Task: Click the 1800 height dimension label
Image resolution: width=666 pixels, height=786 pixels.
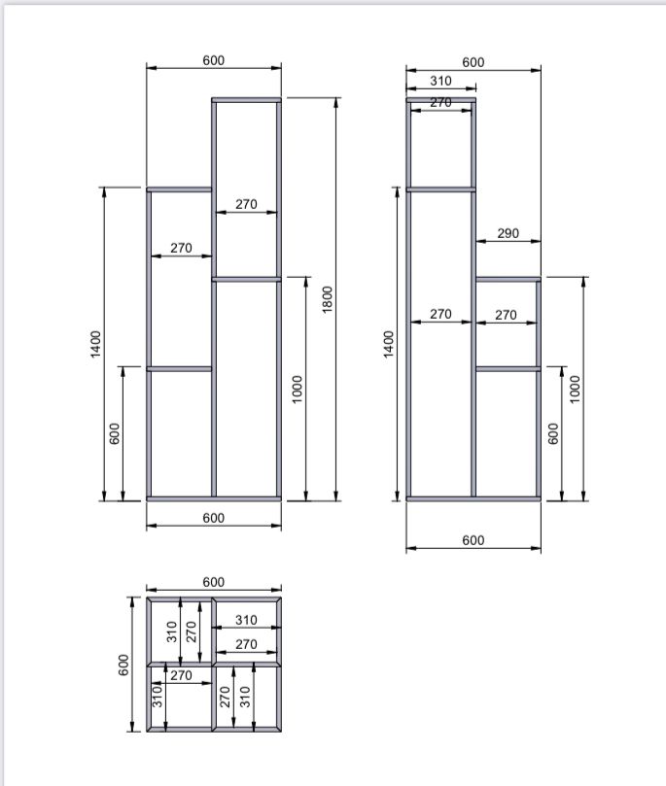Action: point(327,299)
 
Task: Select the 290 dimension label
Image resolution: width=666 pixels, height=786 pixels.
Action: point(508,233)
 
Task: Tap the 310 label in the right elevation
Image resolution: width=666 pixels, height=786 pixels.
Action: point(440,81)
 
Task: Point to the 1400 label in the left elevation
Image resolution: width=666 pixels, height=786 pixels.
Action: point(95,344)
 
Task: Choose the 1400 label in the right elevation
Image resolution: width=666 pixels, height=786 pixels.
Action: point(389,344)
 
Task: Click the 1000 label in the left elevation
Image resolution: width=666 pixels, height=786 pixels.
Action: point(297,389)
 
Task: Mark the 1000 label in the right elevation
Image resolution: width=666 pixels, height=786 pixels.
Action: point(575,389)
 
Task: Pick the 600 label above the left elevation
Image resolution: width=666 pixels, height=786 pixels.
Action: point(213,60)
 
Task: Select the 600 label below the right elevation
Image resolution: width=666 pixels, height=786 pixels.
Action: point(473,540)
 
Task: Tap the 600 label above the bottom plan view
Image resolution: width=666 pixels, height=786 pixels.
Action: point(213,582)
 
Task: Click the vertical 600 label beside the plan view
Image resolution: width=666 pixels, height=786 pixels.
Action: point(123,665)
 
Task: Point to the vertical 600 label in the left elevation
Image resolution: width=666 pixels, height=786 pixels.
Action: point(115,433)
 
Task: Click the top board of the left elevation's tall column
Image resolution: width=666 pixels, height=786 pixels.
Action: point(246,100)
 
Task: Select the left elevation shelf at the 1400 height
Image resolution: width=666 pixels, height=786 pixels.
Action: point(179,189)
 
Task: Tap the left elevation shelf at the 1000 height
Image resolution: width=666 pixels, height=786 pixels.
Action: point(246,279)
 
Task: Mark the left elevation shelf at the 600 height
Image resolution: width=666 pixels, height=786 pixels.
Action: point(179,369)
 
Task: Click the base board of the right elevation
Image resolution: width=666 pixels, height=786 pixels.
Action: point(473,498)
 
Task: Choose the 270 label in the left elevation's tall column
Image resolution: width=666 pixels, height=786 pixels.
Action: point(246,204)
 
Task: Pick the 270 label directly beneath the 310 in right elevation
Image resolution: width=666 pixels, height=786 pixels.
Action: point(440,102)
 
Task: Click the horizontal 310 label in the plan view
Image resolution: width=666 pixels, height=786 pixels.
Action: point(246,620)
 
